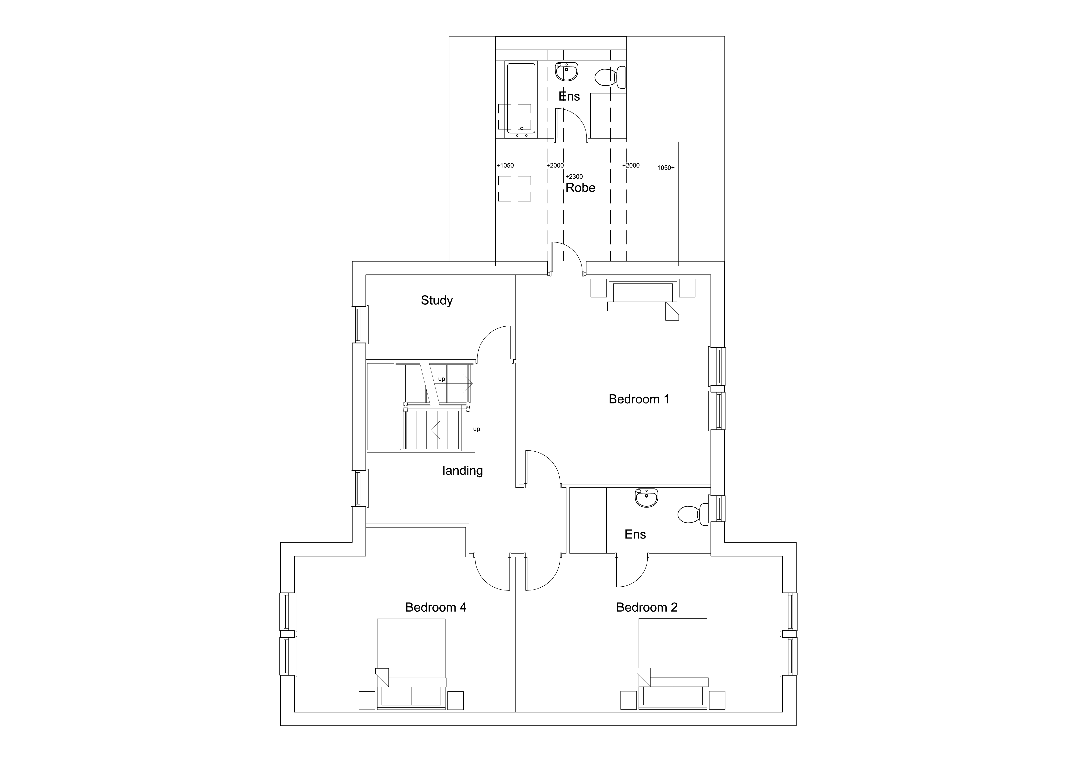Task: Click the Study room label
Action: tap(437, 300)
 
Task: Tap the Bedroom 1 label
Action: tap(639, 399)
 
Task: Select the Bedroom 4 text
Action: tap(436, 607)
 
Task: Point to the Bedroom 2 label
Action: tap(647, 607)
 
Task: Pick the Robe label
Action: tap(580, 188)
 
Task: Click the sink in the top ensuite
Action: tap(567, 72)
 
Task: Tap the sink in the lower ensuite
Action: tap(647, 497)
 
